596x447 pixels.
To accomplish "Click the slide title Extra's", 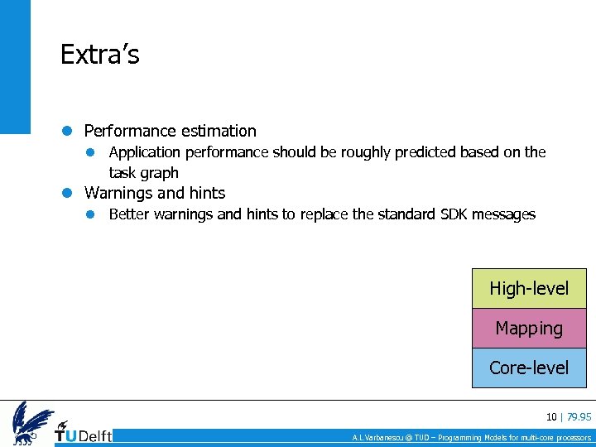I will [x=100, y=55].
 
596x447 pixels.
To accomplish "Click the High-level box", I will [x=529, y=289].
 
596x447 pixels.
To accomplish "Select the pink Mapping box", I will [x=529, y=329].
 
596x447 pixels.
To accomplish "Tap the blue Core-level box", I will [x=529, y=368].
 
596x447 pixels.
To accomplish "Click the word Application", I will [x=144, y=152].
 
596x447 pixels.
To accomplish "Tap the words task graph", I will [x=143, y=173].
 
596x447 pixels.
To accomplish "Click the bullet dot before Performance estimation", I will [x=68, y=131].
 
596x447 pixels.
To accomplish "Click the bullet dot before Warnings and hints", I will [x=68, y=193].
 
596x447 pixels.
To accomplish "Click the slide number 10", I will [x=550, y=416].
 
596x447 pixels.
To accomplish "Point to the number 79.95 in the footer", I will [x=579, y=416].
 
